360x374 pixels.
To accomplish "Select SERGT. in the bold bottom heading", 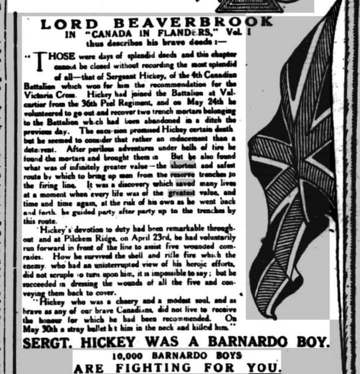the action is (x=53, y=343).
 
